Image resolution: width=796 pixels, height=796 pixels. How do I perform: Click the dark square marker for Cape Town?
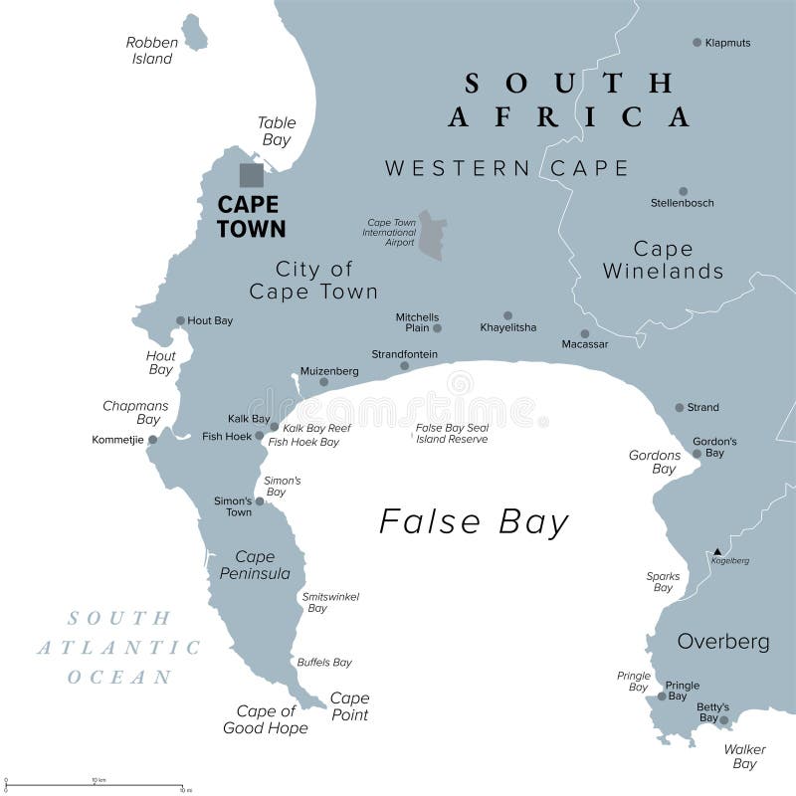pyautogui.click(x=252, y=175)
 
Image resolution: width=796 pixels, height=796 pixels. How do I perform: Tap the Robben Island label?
pyautogui.click(x=151, y=51)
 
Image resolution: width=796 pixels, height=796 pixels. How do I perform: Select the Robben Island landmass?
pyautogui.click(x=194, y=33)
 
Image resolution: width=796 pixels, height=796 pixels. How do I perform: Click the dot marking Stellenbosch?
pyautogui.click(x=683, y=191)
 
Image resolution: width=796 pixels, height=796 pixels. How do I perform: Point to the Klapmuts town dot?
pyautogui.click(x=696, y=42)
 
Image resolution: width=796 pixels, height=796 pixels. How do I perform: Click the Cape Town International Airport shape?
pyautogui.click(x=432, y=235)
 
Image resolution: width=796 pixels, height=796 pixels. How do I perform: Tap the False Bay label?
pyautogui.click(x=474, y=522)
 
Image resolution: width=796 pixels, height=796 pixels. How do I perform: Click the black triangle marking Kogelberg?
pyautogui.click(x=717, y=550)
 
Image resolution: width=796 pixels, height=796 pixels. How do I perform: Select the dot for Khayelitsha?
pyautogui.click(x=507, y=315)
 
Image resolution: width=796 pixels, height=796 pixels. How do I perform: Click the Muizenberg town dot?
pyautogui.click(x=323, y=382)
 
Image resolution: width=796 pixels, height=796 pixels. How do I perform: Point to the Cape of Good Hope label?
pyautogui.click(x=266, y=719)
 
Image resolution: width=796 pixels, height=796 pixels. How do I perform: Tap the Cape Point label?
pyautogui.click(x=349, y=706)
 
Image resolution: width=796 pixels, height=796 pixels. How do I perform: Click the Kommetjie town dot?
pyautogui.click(x=152, y=439)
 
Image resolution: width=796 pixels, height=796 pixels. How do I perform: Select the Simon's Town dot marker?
pyautogui.click(x=260, y=501)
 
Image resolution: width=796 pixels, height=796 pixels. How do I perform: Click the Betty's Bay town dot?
pyautogui.click(x=724, y=720)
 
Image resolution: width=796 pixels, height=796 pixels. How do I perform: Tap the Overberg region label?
pyautogui.click(x=723, y=642)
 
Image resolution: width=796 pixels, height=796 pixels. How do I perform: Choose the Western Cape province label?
pyautogui.click(x=507, y=168)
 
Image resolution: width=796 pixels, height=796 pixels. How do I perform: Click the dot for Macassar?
pyautogui.click(x=585, y=334)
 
